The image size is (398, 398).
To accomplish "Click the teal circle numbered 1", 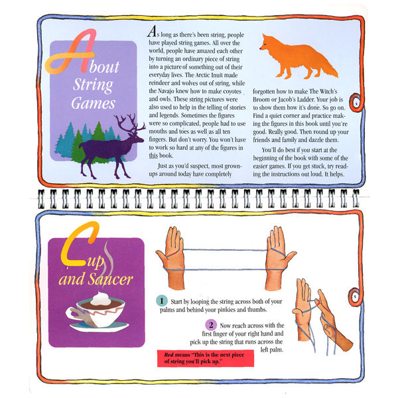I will tap(161, 300).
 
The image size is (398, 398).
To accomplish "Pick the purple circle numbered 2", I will tap(211, 325).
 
